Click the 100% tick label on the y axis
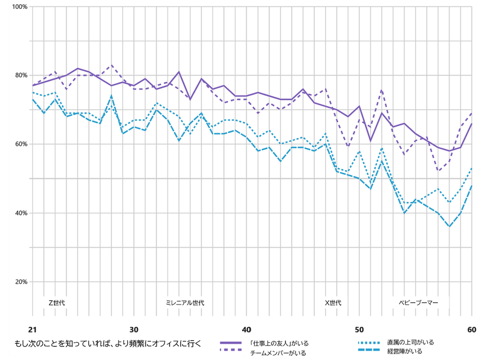pyautogui.click(x=20, y=7)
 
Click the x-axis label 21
pyautogui.click(x=33, y=329)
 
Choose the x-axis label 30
pyautogui.click(x=134, y=329)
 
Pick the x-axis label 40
pyautogui.click(x=247, y=329)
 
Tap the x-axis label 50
pyautogui.click(x=359, y=329)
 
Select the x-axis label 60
pyautogui.click(x=471, y=329)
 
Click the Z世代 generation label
pyautogui.click(x=57, y=303)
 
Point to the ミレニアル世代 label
pyautogui.click(x=185, y=303)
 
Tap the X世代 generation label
pyautogui.click(x=333, y=303)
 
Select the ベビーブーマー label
pyautogui.click(x=418, y=303)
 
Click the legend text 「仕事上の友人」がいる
pyautogui.click(x=279, y=343)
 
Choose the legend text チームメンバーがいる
pyautogui.click(x=278, y=353)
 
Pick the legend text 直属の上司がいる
pyautogui.click(x=410, y=342)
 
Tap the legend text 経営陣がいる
pyautogui.click(x=404, y=352)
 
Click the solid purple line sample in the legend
pyautogui.click(x=231, y=343)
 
